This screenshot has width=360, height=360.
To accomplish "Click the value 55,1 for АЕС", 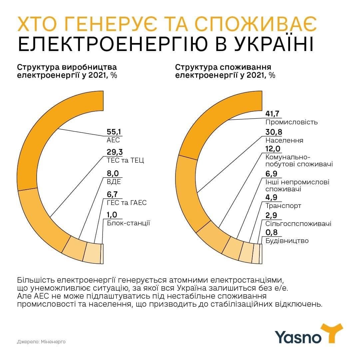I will click(114, 132).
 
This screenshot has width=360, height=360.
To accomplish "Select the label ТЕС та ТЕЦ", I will click(125, 160).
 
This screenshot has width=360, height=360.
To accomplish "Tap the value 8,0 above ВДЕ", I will click(114, 174).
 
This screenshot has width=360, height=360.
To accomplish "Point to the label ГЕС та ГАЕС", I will click(127, 203).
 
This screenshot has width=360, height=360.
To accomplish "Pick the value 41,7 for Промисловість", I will click(272, 114).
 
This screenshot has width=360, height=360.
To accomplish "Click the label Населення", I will click(284, 140).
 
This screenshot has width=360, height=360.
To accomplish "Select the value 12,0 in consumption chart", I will click(272, 149).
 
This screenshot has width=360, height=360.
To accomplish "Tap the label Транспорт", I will click(283, 206).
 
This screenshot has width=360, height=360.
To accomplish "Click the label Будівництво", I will click(287, 241).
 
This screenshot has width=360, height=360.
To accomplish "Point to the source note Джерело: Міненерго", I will click(41, 342).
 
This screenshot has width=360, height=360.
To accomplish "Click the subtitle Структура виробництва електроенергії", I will click(67, 71).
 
